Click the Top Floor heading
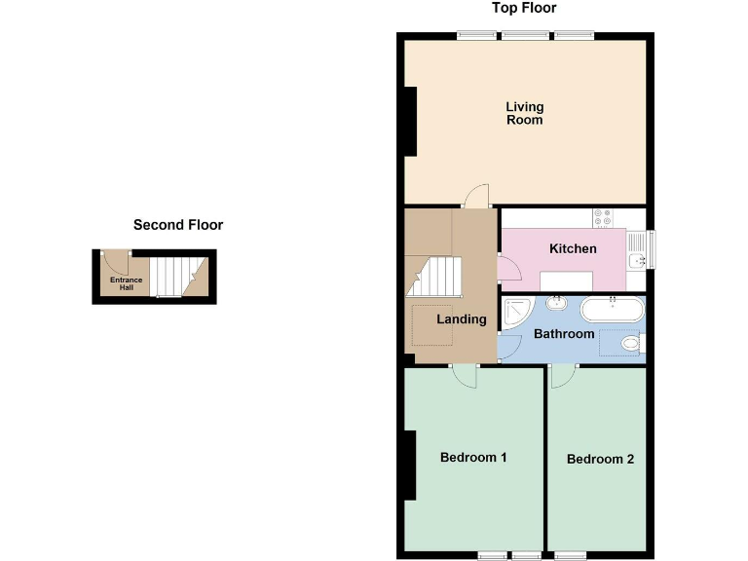point(524,9)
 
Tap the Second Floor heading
point(178,225)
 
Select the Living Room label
point(524,113)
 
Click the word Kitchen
point(573,249)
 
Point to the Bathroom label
point(564,334)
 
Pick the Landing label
point(461,319)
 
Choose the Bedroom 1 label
point(473,458)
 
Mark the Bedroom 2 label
point(600,459)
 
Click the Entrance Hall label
point(126,283)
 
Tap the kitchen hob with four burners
point(602,218)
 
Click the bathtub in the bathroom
point(612,309)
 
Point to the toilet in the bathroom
point(631,343)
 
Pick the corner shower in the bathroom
point(515,313)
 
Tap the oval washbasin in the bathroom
point(558,304)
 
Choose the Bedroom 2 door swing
point(563,376)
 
